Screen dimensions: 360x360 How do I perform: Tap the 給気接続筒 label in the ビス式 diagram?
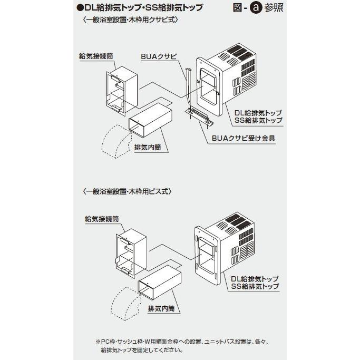click(101, 218)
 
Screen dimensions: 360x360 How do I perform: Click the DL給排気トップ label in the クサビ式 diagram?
click(258, 113)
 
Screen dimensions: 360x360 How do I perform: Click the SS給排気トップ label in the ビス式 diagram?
click(255, 286)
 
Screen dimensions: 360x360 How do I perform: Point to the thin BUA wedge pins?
click(188, 84)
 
